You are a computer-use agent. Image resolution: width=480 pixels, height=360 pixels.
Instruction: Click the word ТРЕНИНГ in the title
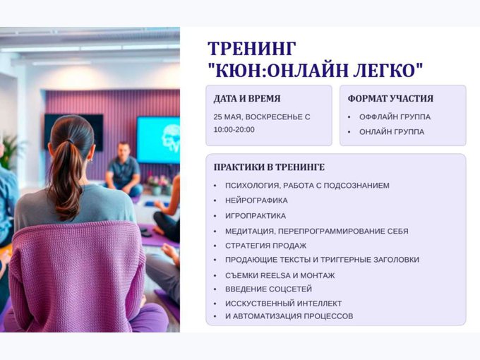pos(251,49)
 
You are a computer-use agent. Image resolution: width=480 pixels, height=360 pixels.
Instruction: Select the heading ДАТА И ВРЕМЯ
pos(247,99)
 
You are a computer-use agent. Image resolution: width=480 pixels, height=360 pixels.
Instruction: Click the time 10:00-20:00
pos(234,130)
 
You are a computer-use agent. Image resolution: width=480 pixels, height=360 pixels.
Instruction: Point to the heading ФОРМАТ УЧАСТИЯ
pos(390,99)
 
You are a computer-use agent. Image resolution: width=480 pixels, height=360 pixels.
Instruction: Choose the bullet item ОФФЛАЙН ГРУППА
pos(395,117)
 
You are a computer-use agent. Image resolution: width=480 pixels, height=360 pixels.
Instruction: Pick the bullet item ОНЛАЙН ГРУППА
pos(392,132)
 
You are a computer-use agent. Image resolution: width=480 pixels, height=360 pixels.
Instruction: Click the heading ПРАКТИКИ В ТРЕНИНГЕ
pos(269,167)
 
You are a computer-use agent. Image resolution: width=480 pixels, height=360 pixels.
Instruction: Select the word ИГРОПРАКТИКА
pos(256,216)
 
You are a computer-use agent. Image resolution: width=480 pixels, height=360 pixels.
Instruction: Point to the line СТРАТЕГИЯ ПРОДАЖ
pos(265,246)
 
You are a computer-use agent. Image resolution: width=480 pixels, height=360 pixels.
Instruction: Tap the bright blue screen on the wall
pos(158,140)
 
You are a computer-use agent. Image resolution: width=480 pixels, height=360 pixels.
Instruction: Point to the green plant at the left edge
pos(10,152)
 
